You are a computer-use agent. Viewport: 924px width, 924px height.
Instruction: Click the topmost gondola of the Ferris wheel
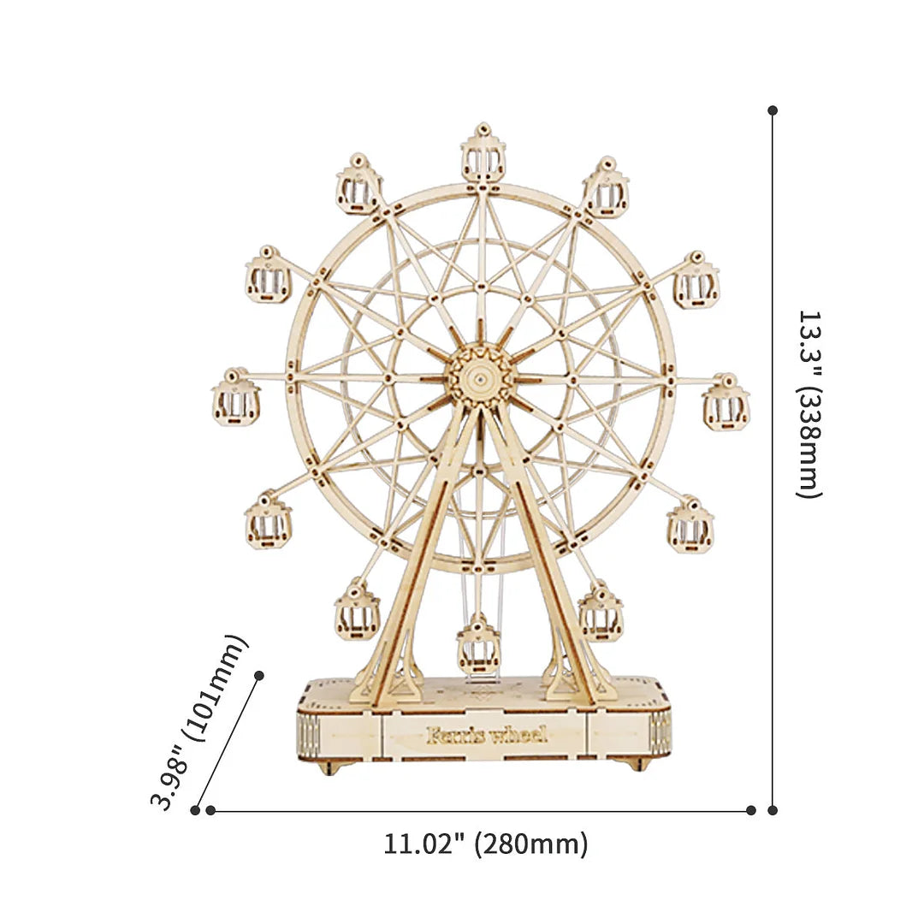tap(483, 153)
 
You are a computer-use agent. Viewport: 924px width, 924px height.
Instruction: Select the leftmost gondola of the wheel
tap(235, 398)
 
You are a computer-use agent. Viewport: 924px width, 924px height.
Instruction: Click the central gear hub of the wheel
tap(481, 376)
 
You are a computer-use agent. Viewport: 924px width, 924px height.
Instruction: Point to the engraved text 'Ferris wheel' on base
tap(485, 735)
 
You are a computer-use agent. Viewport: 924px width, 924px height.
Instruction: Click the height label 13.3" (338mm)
tap(808, 404)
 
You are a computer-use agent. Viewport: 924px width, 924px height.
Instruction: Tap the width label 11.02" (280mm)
tap(485, 844)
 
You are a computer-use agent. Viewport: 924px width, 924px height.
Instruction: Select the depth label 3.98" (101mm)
tap(198, 721)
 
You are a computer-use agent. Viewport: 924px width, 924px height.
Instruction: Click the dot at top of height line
tap(773, 110)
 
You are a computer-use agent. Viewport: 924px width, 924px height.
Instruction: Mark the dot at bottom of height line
tap(773, 809)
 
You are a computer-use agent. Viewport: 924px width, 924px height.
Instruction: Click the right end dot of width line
tap(750, 809)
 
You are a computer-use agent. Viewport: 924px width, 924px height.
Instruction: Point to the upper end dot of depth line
tap(259, 675)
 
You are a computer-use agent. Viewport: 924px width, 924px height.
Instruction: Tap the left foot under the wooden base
tap(329, 767)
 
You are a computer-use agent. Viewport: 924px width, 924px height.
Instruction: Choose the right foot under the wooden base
tap(635, 764)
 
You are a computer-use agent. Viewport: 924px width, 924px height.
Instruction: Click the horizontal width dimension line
tap(479, 809)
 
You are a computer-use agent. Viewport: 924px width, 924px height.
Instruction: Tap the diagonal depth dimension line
tap(228, 742)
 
